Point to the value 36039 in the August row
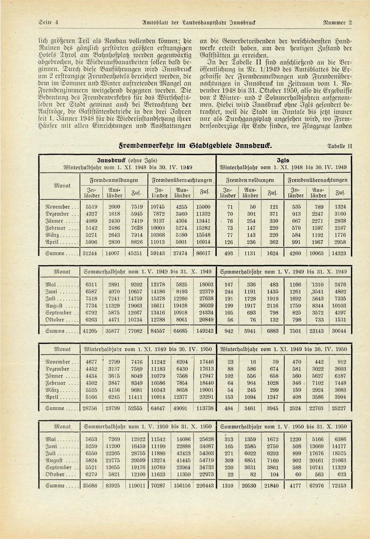click(x=205, y=305)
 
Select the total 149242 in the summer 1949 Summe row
click(x=205, y=331)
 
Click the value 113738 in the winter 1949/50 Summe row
click(x=205, y=408)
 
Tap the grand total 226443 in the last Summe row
click(x=205, y=486)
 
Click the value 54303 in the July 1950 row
click(x=205, y=453)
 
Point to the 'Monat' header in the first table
click(x=62, y=186)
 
